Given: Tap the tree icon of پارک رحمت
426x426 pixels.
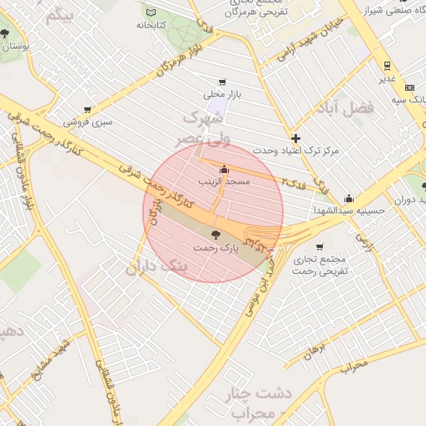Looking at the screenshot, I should click(216, 235).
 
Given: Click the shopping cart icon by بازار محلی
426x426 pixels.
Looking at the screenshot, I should click(221, 82).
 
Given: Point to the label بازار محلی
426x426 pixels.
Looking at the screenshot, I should click(221, 96).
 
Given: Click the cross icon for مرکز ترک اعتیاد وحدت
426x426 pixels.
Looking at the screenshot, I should click(295, 137).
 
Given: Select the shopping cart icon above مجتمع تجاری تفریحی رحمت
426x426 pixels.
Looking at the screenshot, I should click(319, 246).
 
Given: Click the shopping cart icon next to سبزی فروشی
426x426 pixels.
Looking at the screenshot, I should click(87, 109).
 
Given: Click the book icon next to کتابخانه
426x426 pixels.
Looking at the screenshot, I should click(151, 12).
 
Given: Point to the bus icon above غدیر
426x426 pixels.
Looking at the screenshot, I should click(387, 65).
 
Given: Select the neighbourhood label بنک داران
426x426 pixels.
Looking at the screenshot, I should click(157, 267).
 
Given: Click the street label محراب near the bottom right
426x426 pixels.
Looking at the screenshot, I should click(353, 364).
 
